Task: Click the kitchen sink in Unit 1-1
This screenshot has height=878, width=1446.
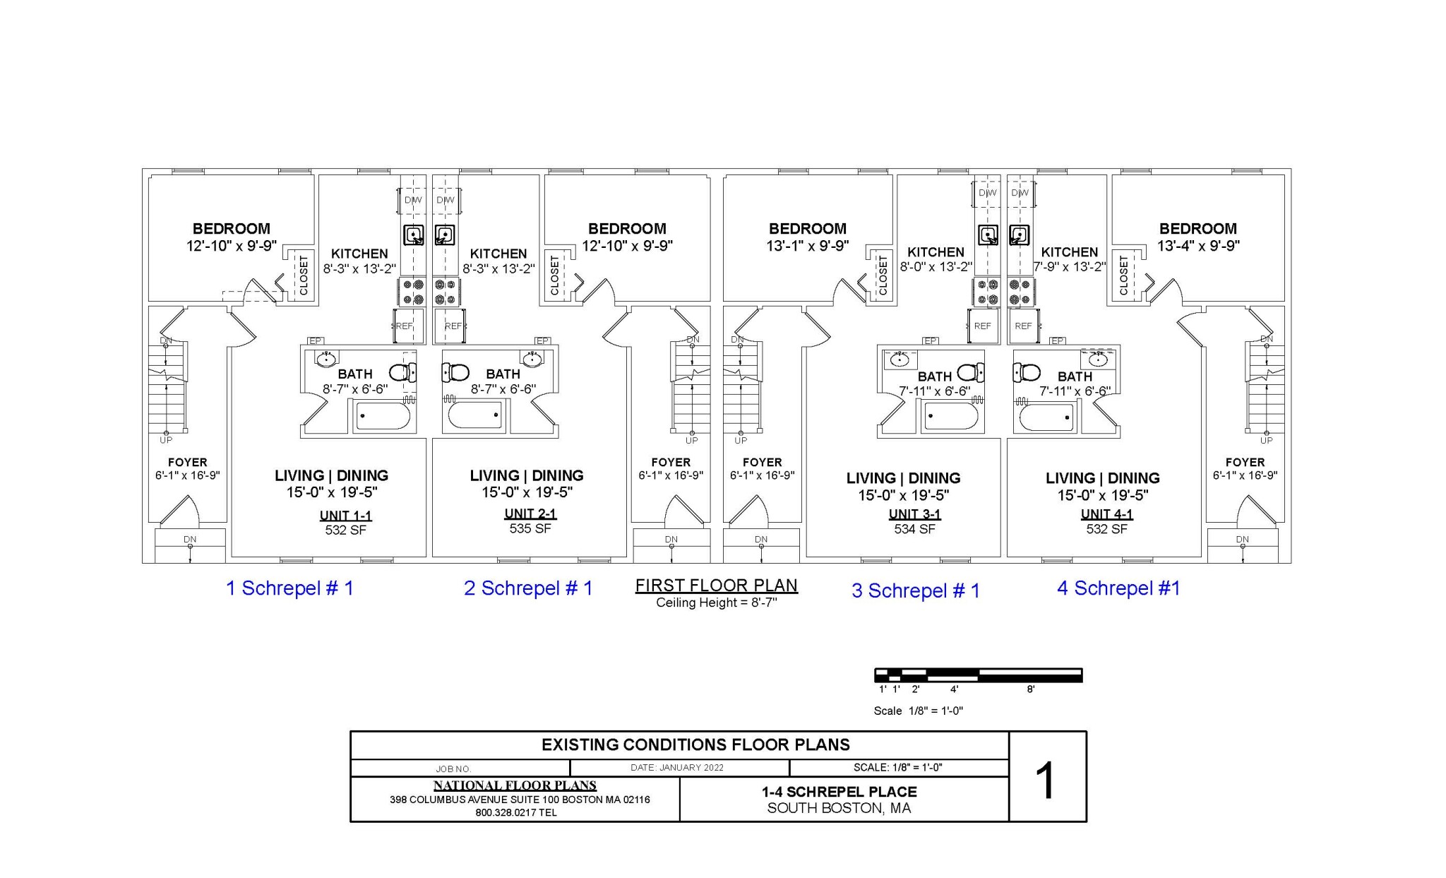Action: click(413, 235)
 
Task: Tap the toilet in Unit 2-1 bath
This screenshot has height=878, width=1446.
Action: click(456, 372)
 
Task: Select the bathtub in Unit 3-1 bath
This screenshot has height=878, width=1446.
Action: click(950, 417)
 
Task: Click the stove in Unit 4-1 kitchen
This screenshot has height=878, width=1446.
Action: click(1020, 292)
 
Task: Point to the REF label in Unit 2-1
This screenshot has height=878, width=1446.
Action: click(453, 326)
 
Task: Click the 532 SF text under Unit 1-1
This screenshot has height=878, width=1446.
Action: click(345, 530)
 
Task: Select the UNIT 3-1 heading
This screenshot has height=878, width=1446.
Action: click(914, 514)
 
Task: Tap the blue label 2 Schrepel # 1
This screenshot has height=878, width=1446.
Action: click(528, 588)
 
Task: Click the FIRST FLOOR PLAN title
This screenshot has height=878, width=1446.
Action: click(716, 586)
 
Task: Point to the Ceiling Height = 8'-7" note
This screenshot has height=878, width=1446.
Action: click(716, 603)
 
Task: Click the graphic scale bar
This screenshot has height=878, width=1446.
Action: click(978, 675)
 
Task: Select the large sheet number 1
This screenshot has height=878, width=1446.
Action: click(1046, 781)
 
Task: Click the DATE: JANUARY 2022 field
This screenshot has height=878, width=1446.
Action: click(676, 768)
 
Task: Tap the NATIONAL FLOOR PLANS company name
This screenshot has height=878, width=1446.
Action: click(515, 785)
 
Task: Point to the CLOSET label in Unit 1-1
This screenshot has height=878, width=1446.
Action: click(304, 275)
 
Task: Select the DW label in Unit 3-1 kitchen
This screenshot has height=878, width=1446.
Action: click(987, 193)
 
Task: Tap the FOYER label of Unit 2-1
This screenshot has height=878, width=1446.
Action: click(670, 463)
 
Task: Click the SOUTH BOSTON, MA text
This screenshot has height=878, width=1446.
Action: click(839, 808)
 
